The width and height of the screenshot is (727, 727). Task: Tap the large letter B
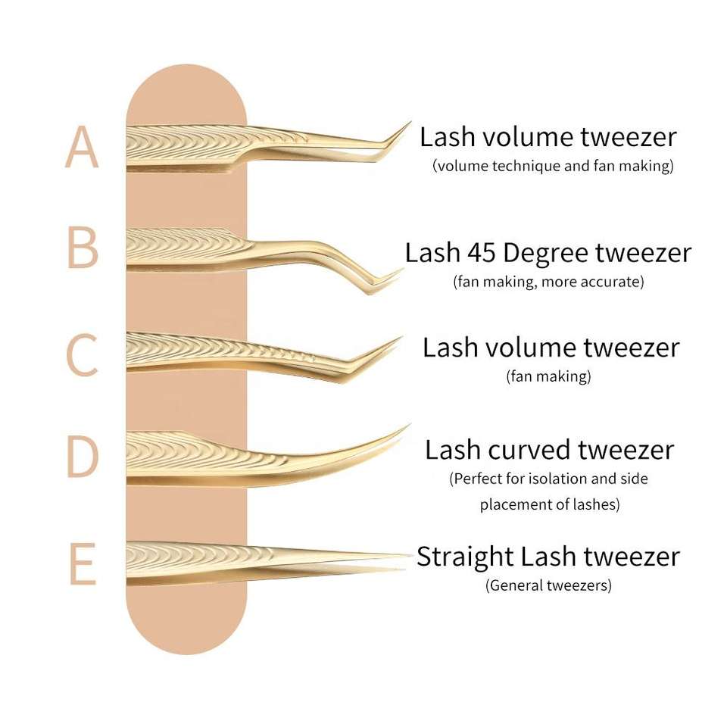(x=83, y=248)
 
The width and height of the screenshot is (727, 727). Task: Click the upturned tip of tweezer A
(x=410, y=123)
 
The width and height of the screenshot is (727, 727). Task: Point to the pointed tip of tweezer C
(x=401, y=338)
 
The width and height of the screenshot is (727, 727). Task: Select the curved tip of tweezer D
(x=410, y=425)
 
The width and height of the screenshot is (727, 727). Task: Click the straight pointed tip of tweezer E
(x=412, y=554)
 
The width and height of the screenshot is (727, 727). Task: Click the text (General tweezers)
(x=548, y=585)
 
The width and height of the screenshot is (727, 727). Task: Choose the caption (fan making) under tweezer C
(x=548, y=376)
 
